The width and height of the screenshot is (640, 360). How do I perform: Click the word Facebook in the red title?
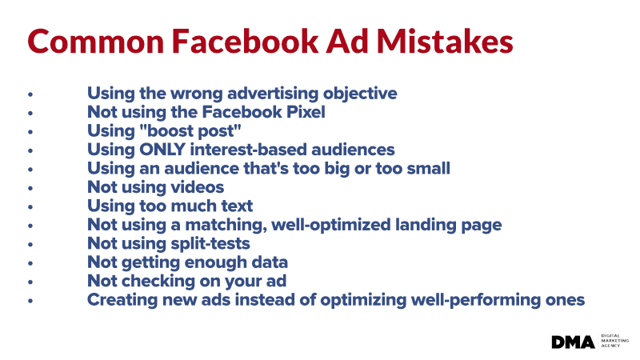coord(245,42)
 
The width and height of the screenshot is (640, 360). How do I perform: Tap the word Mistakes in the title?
coord(445,42)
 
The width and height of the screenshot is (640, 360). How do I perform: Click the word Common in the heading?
coord(96,42)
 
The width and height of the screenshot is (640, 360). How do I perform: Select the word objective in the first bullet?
coord(360,94)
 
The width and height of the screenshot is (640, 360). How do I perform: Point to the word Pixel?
coord(306,112)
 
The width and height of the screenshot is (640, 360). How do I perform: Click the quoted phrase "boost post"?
coord(190,131)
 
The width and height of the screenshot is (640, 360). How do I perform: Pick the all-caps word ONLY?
coord(162,150)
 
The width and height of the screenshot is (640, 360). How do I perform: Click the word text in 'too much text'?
coord(237,206)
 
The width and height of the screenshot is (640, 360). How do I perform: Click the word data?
coord(270,262)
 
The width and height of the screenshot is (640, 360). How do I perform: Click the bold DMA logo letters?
coord(573,342)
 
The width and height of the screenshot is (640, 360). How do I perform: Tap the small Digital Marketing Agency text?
coord(614,341)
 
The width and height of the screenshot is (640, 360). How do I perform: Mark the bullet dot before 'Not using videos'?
coord(30,188)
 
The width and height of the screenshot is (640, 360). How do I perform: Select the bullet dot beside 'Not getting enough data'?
coord(30,263)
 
